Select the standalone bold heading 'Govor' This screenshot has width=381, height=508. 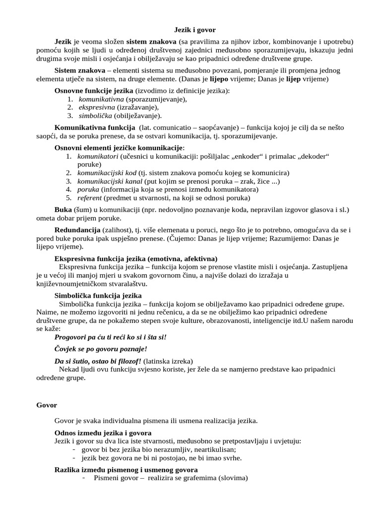tap(47, 405)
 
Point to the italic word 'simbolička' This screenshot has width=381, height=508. tap(95, 116)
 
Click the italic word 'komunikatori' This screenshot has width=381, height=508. tap(97, 156)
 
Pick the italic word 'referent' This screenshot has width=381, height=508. tap(90, 197)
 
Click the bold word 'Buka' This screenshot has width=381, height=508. tap(63, 210)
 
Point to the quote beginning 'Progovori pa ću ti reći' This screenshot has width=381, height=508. tap(111, 337)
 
